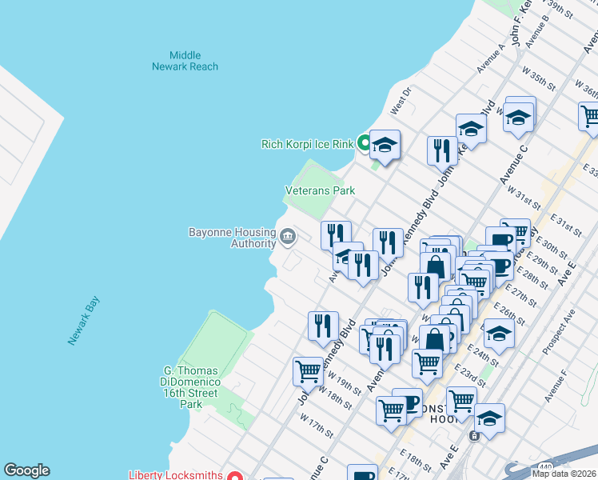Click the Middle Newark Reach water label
click(x=185, y=61)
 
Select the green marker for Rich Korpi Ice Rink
click(x=364, y=144)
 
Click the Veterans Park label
click(x=320, y=191)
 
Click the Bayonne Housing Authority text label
click(x=231, y=238)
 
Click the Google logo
click(x=26, y=470)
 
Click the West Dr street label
click(x=400, y=102)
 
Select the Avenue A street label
click(x=492, y=58)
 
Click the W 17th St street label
click(x=317, y=424)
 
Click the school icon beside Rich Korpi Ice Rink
click(x=385, y=145)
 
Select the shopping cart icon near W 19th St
click(x=308, y=371)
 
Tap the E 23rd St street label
click(x=470, y=374)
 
